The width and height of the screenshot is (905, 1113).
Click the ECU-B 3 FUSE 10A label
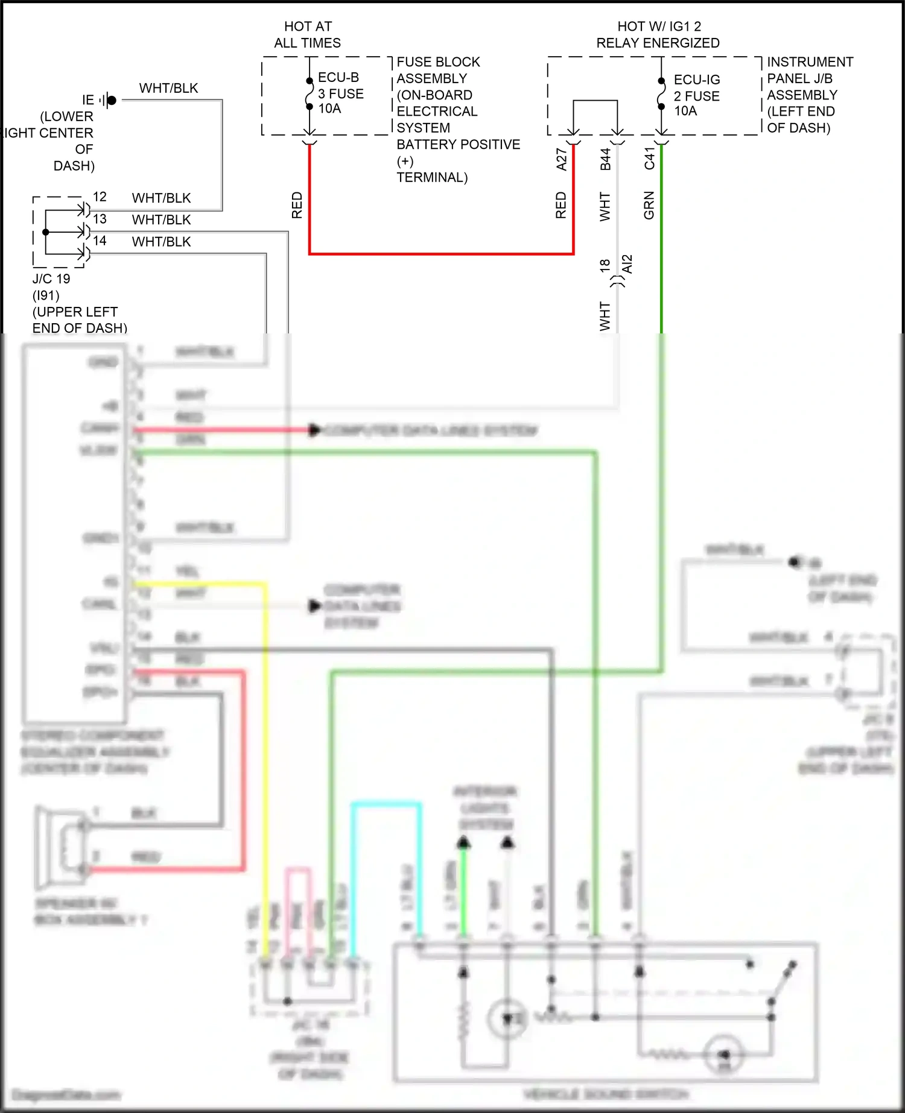[x=340, y=93]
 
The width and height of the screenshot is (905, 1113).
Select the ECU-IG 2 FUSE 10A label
[x=696, y=95]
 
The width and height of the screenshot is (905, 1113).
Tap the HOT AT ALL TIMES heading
[x=308, y=35]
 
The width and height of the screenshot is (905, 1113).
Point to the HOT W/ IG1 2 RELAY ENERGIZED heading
[x=658, y=35]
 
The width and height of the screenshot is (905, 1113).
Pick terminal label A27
[x=562, y=159]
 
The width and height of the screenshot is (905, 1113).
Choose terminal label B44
[x=606, y=159]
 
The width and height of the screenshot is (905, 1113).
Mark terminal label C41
[x=650, y=159]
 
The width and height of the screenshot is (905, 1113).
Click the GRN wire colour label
[x=649, y=206]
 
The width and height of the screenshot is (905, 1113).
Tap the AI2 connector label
[x=627, y=264]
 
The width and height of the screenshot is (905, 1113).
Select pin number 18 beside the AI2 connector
[x=605, y=265]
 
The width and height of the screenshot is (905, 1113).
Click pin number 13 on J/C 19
[x=100, y=219]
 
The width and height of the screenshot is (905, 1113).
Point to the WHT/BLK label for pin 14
[x=161, y=242]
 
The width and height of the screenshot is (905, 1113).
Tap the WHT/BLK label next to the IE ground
[x=168, y=88]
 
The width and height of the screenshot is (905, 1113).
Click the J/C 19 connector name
[x=51, y=279]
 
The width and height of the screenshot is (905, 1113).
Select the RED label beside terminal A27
[x=561, y=206]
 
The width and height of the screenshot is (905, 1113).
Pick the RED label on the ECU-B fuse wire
[x=297, y=206]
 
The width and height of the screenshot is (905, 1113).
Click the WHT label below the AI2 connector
[x=605, y=316]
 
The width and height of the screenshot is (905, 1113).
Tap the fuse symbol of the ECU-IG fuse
[x=661, y=94]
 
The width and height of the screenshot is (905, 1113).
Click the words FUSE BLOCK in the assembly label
[x=438, y=62]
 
